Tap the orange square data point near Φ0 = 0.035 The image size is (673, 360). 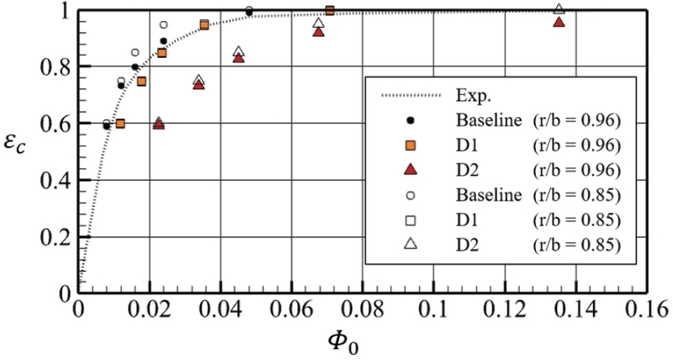(x=204, y=25)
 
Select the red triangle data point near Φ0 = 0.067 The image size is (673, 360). (x=318, y=31)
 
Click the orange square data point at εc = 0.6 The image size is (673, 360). (x=120, y=124)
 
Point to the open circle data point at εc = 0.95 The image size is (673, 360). (x=164, y=25)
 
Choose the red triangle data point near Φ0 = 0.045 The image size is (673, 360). (x=238, y=58)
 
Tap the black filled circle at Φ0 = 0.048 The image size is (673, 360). (x=249, y=12)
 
